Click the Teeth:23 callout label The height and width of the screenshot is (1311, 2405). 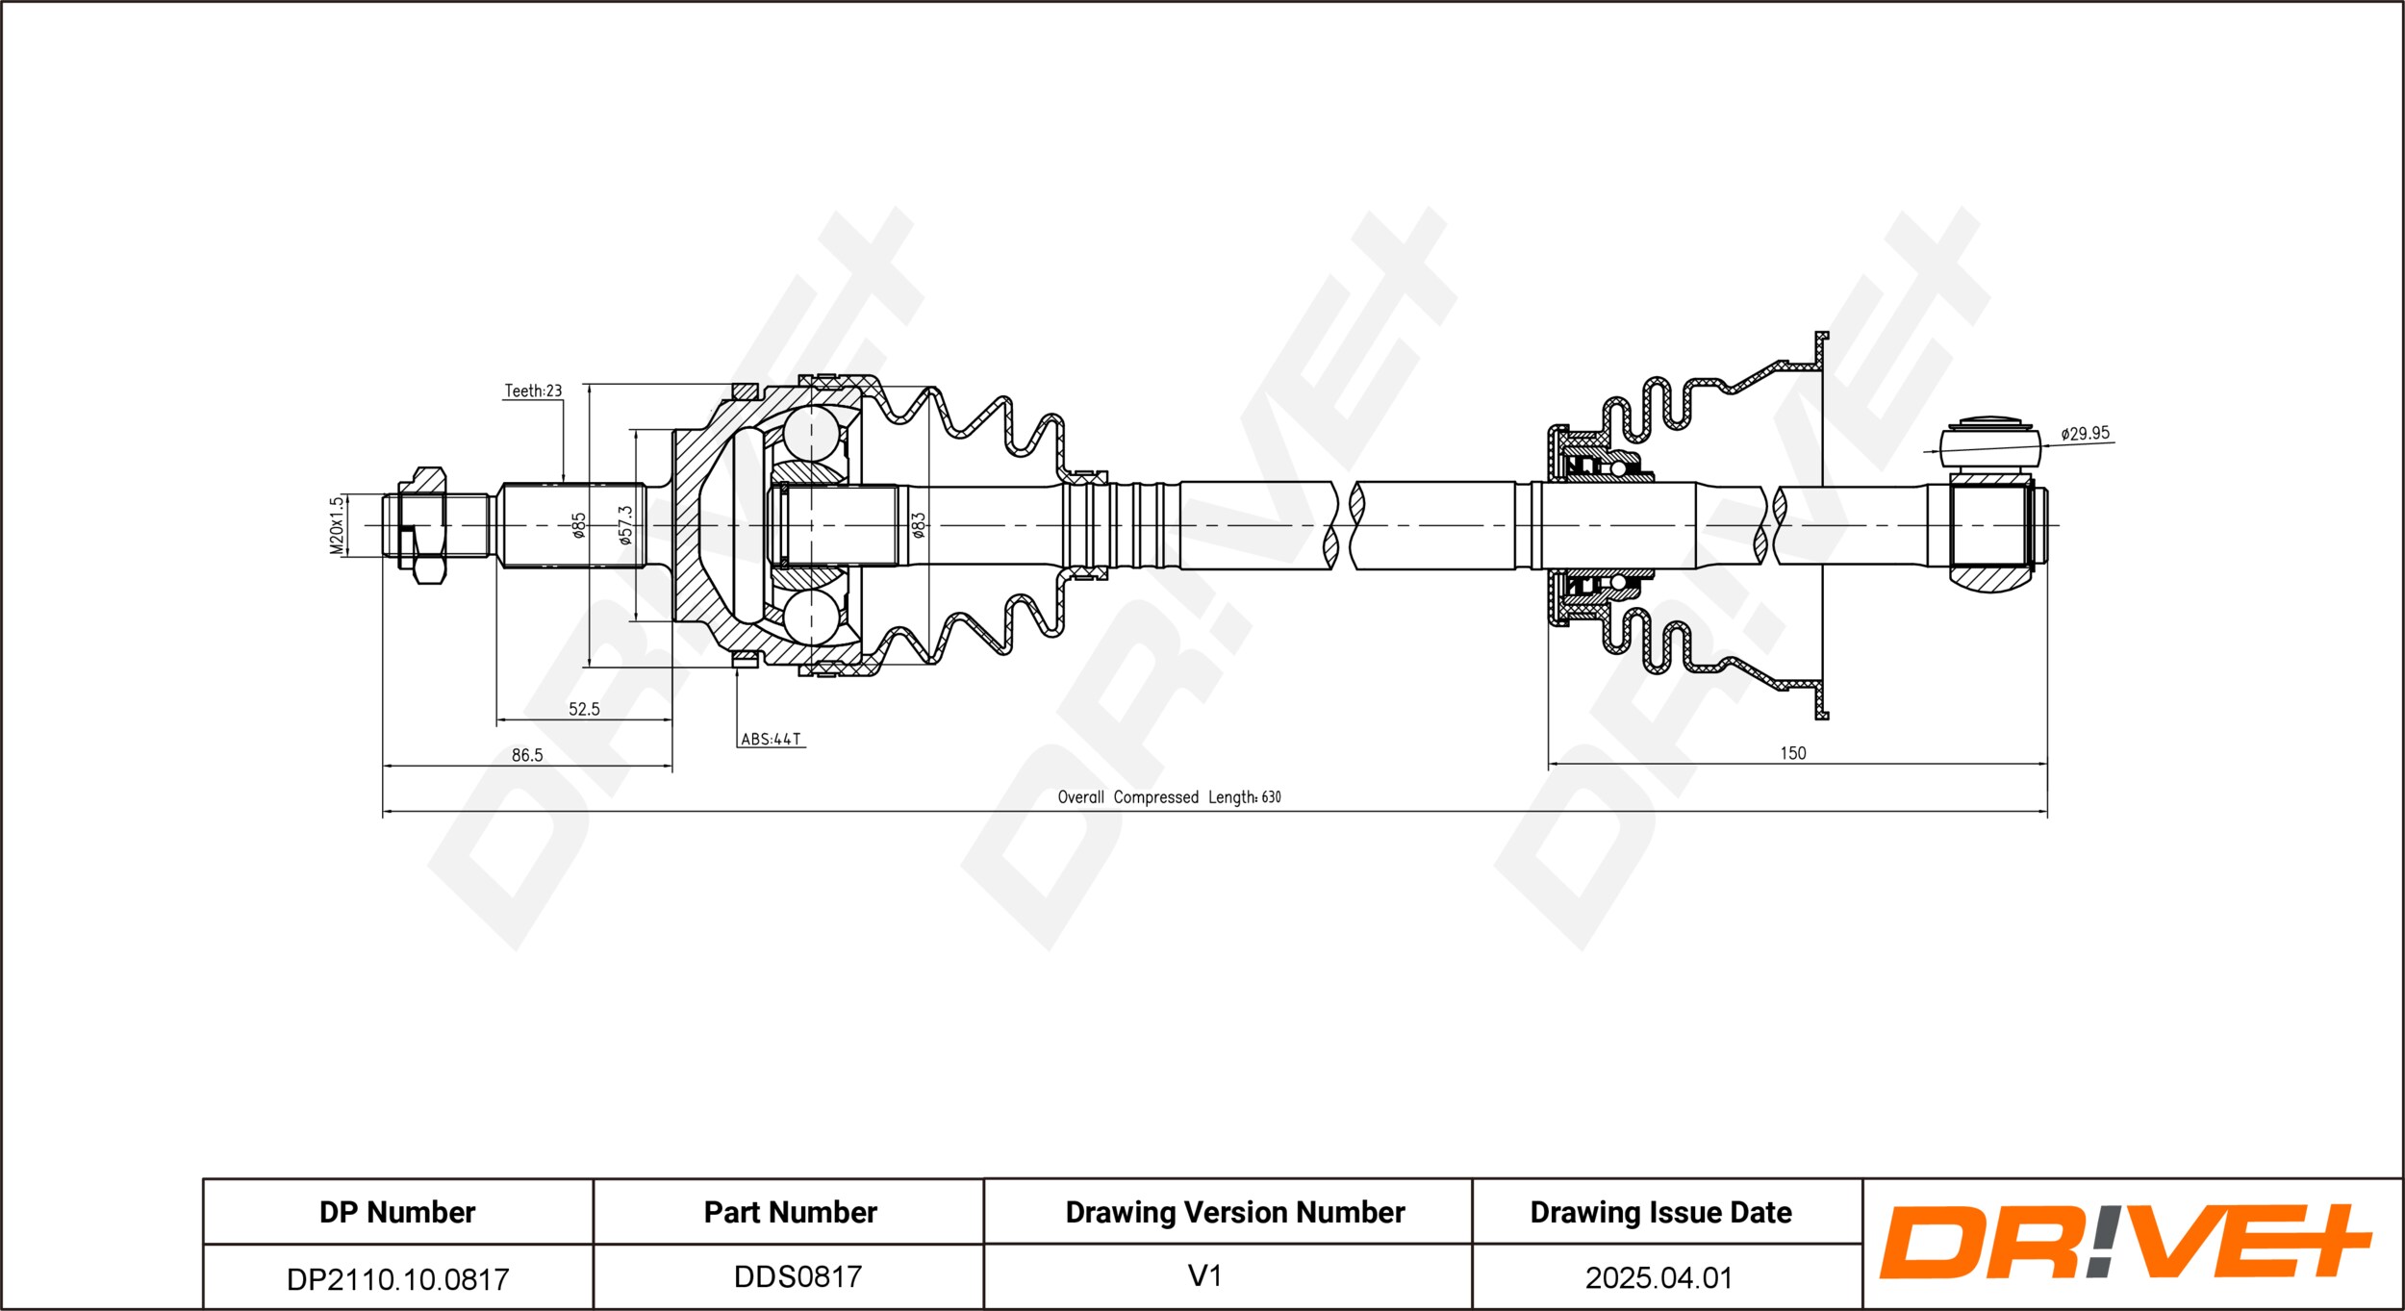point(533,391)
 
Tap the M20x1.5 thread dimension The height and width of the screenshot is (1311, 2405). point(336,525)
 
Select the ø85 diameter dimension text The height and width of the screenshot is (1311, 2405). point(579,525)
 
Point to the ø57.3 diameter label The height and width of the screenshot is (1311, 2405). point(625,525)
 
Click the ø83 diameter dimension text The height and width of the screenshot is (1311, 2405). point(919,525)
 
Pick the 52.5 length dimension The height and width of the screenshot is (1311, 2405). point(584,709)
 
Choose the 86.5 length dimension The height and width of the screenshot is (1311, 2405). point(527,755)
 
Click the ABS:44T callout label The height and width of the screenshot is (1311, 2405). point(771,739)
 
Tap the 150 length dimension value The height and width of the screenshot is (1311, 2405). point(1793,753)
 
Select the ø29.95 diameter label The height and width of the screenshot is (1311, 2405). point(2085,434)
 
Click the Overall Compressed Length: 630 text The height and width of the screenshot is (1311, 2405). point(1169,796)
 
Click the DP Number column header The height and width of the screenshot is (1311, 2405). point(397,1212)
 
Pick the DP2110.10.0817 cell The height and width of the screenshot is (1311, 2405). point(398,1278)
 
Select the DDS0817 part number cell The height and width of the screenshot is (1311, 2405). point(797,1276)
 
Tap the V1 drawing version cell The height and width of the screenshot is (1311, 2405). point(1204,1275)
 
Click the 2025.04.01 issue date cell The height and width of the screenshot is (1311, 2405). point(1658,1277)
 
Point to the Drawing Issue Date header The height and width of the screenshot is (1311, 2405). point(1660,1212)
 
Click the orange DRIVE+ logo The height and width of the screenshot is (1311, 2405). point(2125,1242)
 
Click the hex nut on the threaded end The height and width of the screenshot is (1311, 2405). point(422,525)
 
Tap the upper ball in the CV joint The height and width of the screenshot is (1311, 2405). point(810,431)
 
